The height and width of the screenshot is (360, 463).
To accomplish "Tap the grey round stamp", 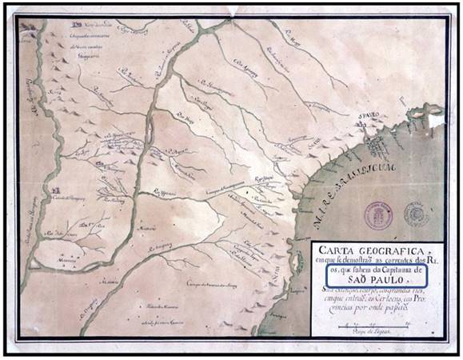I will [x=416, y=214].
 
